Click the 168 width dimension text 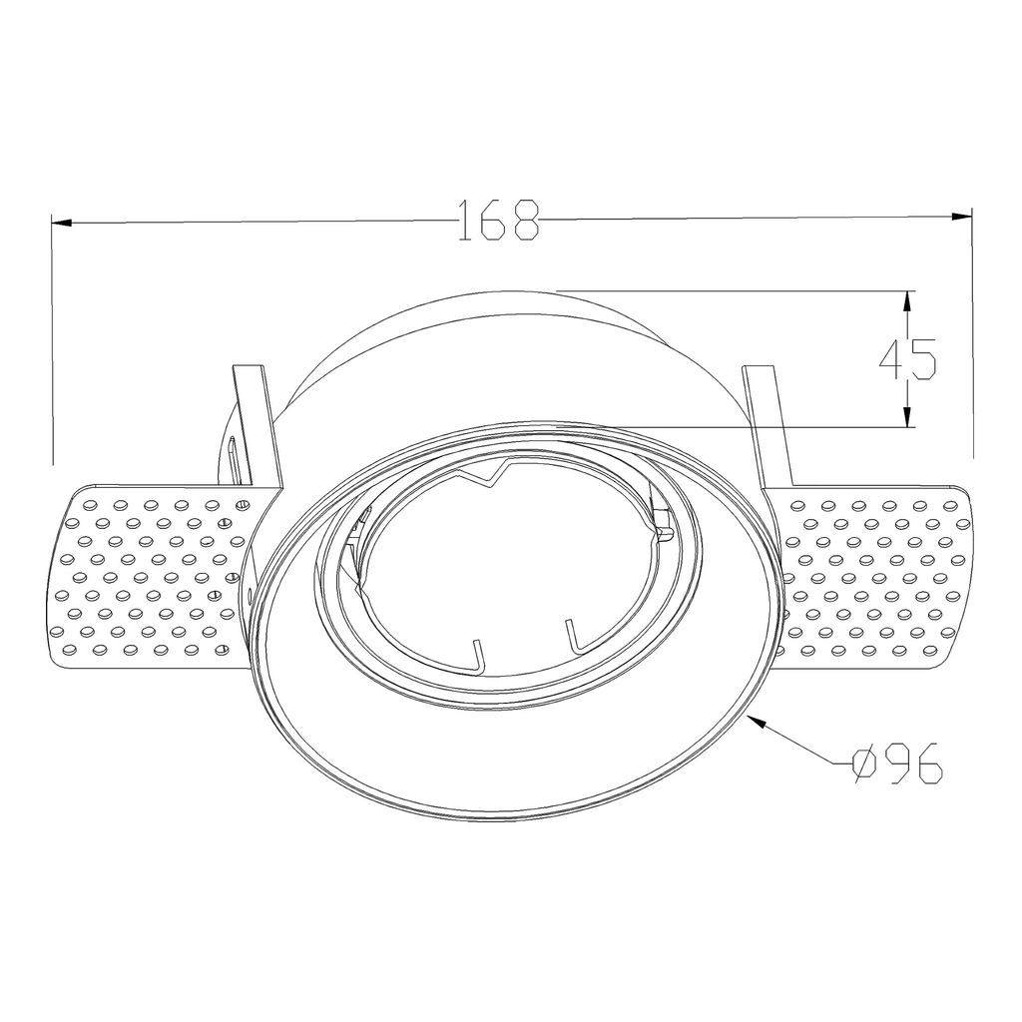tap(499, 220)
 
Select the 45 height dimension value tap(907, 359)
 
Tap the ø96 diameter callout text tap(897, 762)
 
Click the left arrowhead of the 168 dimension tap(61, 224)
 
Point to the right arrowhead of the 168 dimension tap(961, 217)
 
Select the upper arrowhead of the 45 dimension tap(906, 301)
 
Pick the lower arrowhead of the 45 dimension tap(906, 418)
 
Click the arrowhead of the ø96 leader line tap(759, 721)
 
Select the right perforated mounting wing tap(872, 576)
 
